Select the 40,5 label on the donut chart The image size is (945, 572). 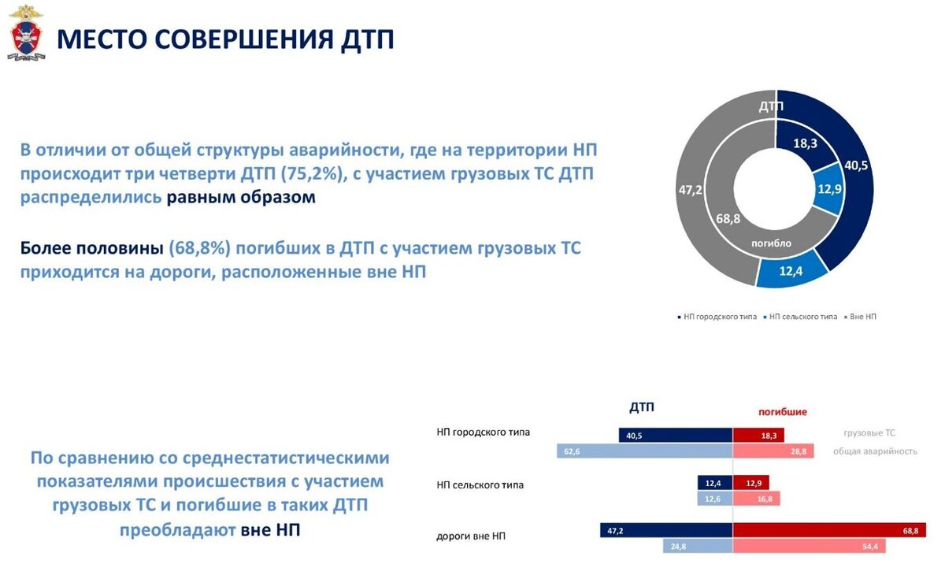tap(856, 165)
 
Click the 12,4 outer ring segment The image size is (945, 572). tap(791, 271)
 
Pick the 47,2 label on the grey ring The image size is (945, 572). tap(690, 189)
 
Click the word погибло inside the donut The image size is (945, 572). tap(771, 243)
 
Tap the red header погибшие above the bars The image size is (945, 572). tap(782, 411)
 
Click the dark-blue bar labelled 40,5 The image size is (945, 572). tap(675, 435)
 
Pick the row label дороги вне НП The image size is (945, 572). tap(471, 536)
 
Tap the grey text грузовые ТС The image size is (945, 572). tap(869, 433)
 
